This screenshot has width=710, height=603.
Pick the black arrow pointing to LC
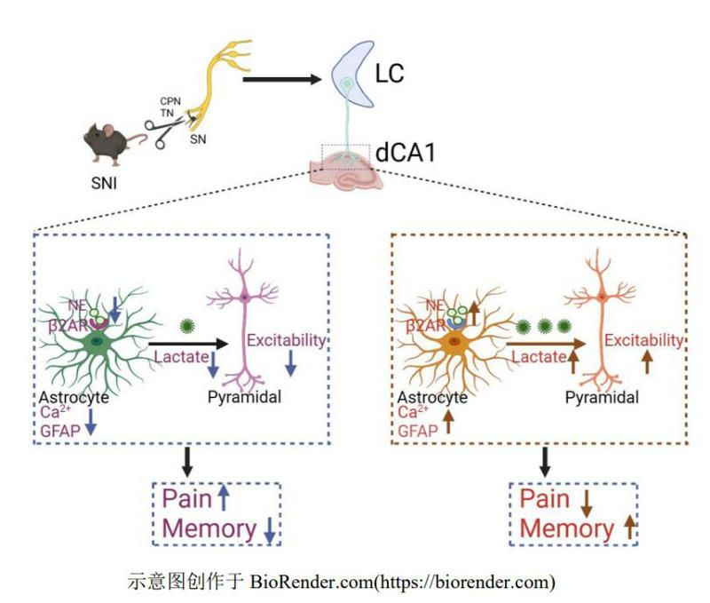point(280,80)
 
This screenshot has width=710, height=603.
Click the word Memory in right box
point(566,528)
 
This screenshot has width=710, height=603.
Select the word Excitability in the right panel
point(643,339)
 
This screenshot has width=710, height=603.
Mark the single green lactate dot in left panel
point(187,325)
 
